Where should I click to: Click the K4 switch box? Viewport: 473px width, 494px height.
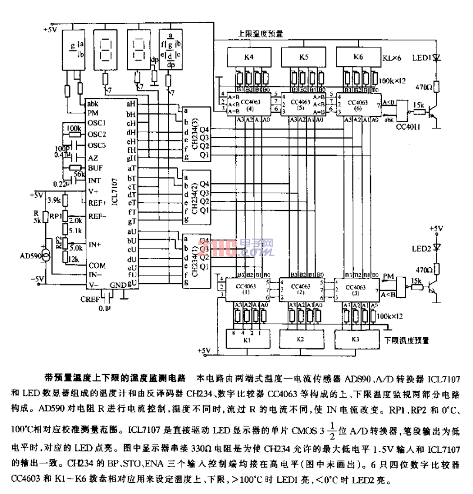248,58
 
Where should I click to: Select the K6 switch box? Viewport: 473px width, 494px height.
357,58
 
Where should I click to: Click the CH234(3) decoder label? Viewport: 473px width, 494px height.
196,135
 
